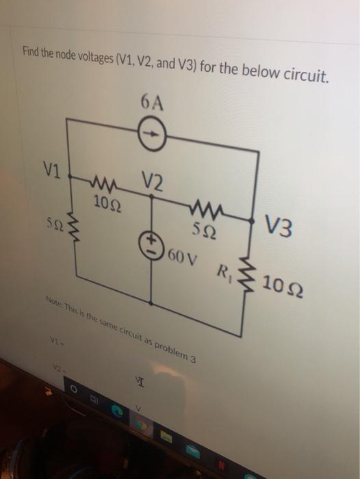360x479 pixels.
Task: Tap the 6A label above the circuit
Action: point(153,102)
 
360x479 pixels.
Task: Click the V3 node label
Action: point(279,227)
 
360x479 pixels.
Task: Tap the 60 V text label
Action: point(180,258)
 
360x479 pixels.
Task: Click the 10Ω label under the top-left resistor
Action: point(106,203)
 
